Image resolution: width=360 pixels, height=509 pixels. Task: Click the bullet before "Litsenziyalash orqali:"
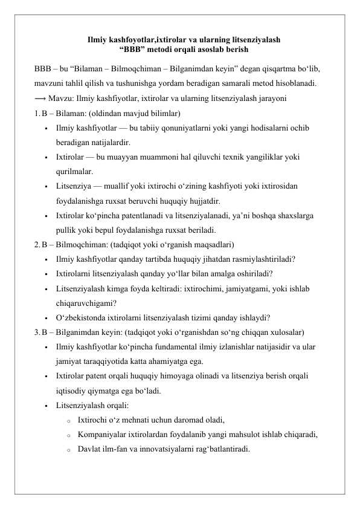(46, 406)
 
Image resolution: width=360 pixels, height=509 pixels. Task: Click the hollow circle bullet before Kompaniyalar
(69, 435)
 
